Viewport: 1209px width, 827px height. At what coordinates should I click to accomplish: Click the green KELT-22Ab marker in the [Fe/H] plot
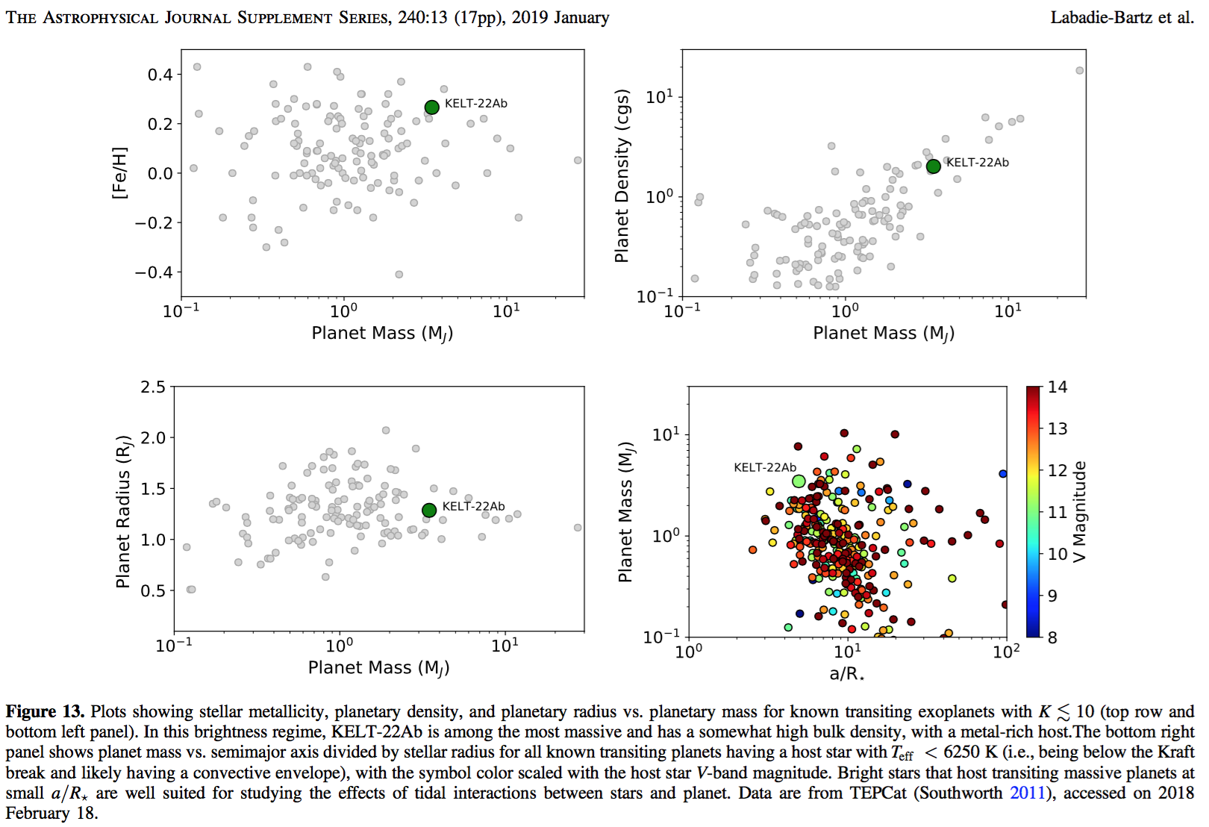point(431,107)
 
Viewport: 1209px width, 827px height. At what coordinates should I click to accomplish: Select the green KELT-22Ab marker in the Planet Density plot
point(933,166)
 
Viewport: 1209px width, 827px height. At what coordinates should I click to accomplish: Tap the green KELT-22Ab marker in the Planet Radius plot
point(429,511)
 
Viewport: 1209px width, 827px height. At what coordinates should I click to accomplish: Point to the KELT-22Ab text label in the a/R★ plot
point(765,468)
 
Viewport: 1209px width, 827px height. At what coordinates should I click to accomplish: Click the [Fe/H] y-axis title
point(119,172)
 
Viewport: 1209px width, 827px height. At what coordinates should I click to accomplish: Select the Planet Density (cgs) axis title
point(622,176)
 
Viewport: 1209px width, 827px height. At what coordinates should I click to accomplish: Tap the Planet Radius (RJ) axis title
point(123,511)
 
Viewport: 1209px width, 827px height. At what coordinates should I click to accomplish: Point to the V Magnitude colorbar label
point(1079,511)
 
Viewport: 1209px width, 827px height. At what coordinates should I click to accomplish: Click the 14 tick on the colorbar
point(1058,387)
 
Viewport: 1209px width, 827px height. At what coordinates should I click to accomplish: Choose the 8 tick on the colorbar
point(1052,637)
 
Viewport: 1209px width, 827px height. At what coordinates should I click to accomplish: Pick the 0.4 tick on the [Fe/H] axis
point(160,75)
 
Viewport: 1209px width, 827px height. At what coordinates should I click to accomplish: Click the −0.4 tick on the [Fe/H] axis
point(154,272)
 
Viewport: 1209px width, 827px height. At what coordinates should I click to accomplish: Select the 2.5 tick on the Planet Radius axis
point(153,387)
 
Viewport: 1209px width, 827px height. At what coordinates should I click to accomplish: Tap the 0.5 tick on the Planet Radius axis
point(153,590)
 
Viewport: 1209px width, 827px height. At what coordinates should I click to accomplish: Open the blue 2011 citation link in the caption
point(1028,793)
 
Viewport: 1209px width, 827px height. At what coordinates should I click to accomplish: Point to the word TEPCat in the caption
point(878,793)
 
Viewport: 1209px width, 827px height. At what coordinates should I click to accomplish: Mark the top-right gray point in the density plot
point(1079,71)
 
